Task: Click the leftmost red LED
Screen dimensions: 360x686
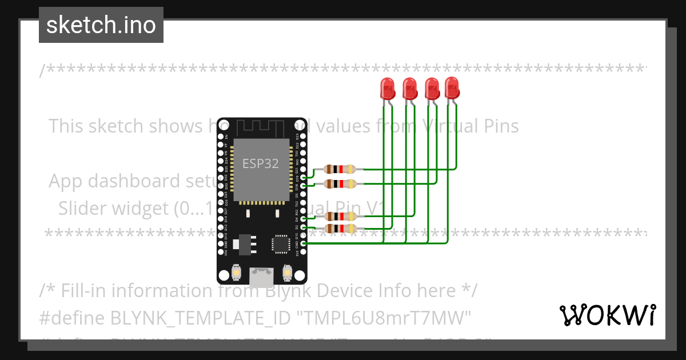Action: point(388,89)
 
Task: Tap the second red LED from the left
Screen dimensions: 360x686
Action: point(409,89)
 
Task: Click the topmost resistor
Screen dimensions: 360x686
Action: point(340,169)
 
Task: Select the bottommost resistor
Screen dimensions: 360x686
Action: point(340,229)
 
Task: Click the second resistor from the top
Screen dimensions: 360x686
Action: point(340,183)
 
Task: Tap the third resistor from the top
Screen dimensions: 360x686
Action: point(340,216)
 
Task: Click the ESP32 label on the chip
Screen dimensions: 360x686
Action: point(261,163)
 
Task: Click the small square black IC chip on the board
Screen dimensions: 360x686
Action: point(281,244)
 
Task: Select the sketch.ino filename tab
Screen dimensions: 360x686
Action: point(101,25)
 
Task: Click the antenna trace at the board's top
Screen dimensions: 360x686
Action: point(260,127)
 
